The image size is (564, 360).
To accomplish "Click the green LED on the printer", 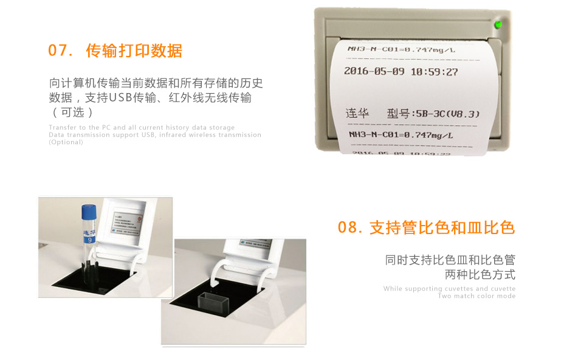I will pyautogui.click(x=498, y=25).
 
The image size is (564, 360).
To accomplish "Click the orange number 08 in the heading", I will pyautogui.click(x=350, y=228).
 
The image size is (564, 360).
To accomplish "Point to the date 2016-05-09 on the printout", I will pyautogui.click(x=375, y=71).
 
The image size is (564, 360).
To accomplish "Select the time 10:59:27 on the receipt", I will pyautogui.click(x=434, y=72).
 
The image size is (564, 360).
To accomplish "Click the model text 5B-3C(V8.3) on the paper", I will pyautogui.click(x=446, y=114).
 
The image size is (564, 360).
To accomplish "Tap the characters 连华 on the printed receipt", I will pyautogui.click(x=357, y=114).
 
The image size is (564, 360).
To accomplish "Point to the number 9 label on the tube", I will pyautogui.click(x=89, y=240).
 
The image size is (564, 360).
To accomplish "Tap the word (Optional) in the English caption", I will pyautogui.click(x=66, y=142).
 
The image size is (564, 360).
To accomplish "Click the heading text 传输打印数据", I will pyautogui.click(x=134, y=51).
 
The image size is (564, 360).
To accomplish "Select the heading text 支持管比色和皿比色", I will pyautogui.click(x=442, y=228).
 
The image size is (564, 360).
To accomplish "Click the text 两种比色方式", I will pyautogui.click(x=480, y=274).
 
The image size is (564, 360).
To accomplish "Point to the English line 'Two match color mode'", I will pyautogui.click(x=476, y=296).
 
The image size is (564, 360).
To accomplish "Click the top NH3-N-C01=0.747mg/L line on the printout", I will pyautogui.click(x=399, y=49).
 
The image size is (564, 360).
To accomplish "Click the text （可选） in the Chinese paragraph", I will pyautogui.click(x=72, y=112).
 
